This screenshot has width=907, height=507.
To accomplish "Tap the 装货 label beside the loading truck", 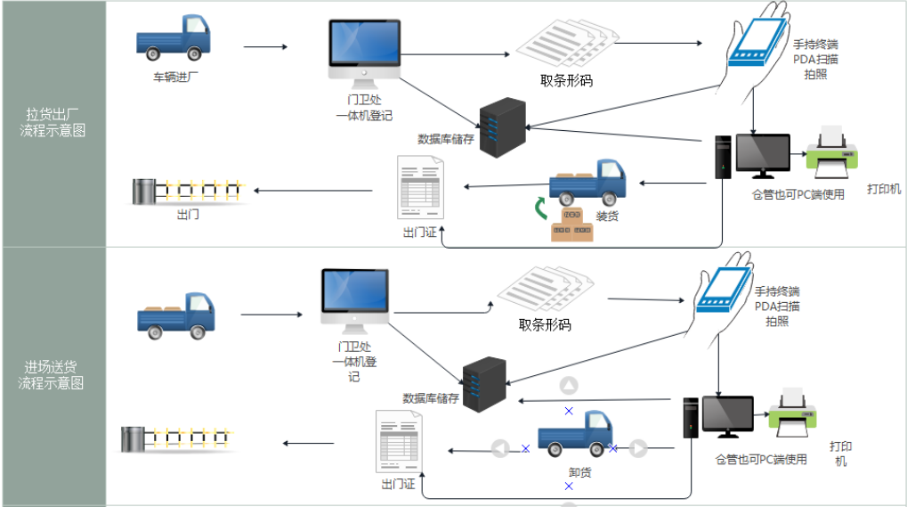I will pos(608,216).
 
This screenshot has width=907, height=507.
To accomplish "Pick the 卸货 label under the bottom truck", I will pos(579,472).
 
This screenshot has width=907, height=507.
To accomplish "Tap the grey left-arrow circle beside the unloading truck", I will pos(500,448).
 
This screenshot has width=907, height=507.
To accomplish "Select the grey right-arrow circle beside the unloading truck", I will pos(638,448).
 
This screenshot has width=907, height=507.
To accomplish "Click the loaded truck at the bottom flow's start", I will pos(176,315).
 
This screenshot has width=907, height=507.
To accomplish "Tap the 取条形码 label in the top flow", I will pos(566,80).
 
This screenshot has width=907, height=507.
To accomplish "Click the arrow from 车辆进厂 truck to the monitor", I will pos(265,47).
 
